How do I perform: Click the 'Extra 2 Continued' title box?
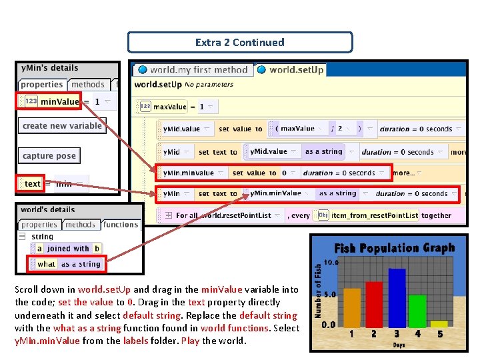pos(239,42)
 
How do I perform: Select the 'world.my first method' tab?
pos(193,69)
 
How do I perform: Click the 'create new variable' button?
pos(62,126)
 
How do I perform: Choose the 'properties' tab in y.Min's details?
pos(41,85)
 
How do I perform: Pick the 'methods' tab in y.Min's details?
pos(88,85)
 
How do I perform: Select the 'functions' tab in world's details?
pos(121,225)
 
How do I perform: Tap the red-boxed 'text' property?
pos(31,183)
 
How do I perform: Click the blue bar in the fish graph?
pos(397,297)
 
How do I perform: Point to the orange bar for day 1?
pos(352,307)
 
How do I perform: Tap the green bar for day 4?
pos(417,310)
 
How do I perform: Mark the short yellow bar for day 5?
pos(439,323)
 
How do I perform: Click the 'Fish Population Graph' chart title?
pos(394,248)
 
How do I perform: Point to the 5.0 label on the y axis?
pos(329,294)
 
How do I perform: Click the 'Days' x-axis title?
pos(398,345)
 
